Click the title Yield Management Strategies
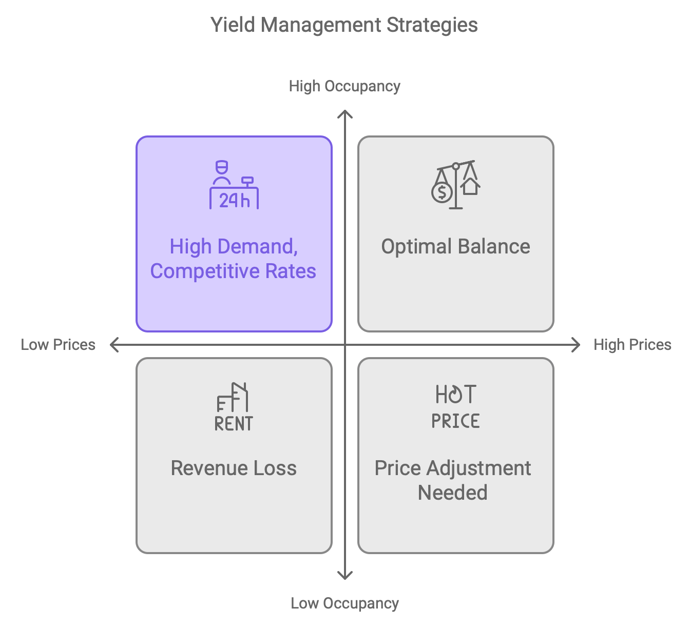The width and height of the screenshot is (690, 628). tap(344, 25)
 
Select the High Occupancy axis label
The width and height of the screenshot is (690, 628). tap(344, 86)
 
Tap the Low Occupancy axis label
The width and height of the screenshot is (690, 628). tap(344, 603)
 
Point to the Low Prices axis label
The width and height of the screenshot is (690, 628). tap(58, 345)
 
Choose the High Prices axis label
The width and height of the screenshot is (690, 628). tap(632, 345)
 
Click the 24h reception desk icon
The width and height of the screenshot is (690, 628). tap(234, 185)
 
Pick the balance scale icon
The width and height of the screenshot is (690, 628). tap(456, 185)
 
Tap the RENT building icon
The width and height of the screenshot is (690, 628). tap(234, 407)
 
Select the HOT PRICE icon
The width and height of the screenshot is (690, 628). tap(455, 406)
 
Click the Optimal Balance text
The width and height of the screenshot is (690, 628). tap(455, 246)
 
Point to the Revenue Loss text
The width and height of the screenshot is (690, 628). tap(234, 468)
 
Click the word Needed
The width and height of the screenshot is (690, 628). tap(452, 493)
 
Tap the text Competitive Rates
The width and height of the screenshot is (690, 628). tap(233, 271)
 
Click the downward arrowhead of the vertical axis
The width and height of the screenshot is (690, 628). tap(345, 577)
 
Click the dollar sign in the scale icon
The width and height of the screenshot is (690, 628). tap(442, 193)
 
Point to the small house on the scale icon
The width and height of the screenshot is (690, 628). tap(470, 186)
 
